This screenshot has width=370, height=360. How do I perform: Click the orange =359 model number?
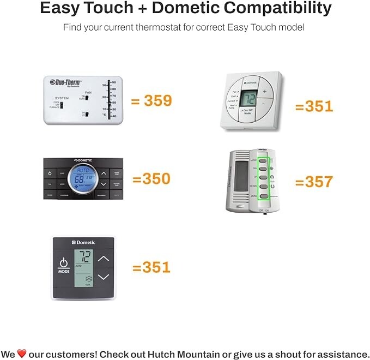tap(151, 100)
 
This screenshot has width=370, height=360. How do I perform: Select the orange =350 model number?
tap(151, 178)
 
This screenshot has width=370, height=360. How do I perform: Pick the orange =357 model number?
tap(313, 181)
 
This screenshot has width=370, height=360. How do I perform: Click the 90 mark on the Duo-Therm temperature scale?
tap(113, 82)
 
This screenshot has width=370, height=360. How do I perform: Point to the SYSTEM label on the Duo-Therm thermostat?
tap(62, 98)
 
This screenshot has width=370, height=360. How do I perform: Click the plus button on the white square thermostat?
tap(264, 91)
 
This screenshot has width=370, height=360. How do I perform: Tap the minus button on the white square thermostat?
tap(264, 104)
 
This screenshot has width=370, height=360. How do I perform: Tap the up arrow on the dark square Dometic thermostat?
tap(103, 258)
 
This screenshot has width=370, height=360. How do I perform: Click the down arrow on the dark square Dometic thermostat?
tap(103, 277)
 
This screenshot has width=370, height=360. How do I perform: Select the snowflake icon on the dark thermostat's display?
tap(87, 279)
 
